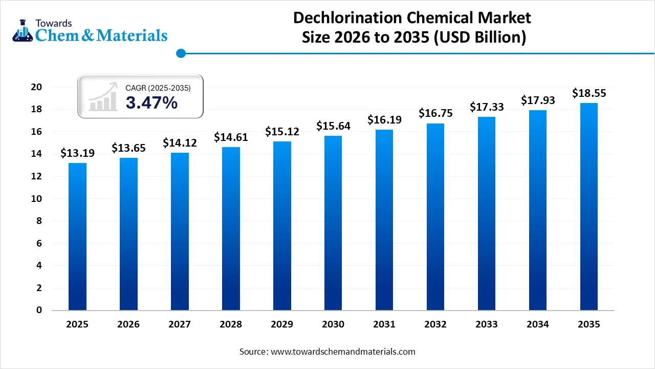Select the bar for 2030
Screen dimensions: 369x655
333,223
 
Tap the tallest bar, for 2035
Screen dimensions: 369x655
589,206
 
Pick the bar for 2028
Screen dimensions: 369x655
231,228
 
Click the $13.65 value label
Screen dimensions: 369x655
128,148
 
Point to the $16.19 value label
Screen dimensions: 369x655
384,120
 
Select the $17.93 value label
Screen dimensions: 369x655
538,100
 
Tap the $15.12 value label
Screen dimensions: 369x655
282,132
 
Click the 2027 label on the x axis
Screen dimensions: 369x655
180,324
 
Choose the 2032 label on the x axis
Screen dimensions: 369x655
435,324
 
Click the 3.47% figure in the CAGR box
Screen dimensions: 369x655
151,102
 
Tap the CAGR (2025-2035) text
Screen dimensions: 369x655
158,88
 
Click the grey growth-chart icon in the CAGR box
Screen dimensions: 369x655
102,97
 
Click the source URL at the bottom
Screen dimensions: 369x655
342,352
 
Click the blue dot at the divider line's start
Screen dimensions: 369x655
180,53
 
